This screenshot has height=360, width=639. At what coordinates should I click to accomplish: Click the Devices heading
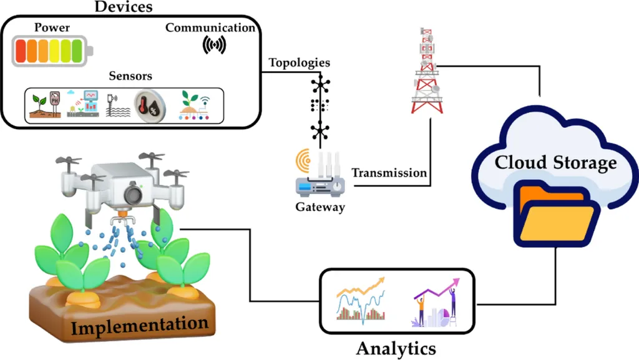(x=124, y=7)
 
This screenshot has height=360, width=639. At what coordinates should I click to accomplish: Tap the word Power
(x=52, y=27)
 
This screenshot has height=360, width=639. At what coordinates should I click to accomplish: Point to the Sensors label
(x=130, y=77)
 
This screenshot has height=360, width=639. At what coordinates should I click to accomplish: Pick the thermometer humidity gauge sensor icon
(x=150, y=105)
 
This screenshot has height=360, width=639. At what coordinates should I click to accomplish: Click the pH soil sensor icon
(x=47, y=105)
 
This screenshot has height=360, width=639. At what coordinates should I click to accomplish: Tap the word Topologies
(x=299, y=63)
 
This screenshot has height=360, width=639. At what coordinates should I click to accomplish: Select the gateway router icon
(x=319, y=177)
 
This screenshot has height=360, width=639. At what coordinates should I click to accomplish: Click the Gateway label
(x=320, y=207)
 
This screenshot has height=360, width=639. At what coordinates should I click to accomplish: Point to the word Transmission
(x=389, y=173)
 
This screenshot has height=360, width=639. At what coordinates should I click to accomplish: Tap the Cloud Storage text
(x=555, y=163)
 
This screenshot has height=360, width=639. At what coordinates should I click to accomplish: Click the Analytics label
(x=396, y=347)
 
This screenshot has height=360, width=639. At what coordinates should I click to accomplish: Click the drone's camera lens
(x=132, y=193)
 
